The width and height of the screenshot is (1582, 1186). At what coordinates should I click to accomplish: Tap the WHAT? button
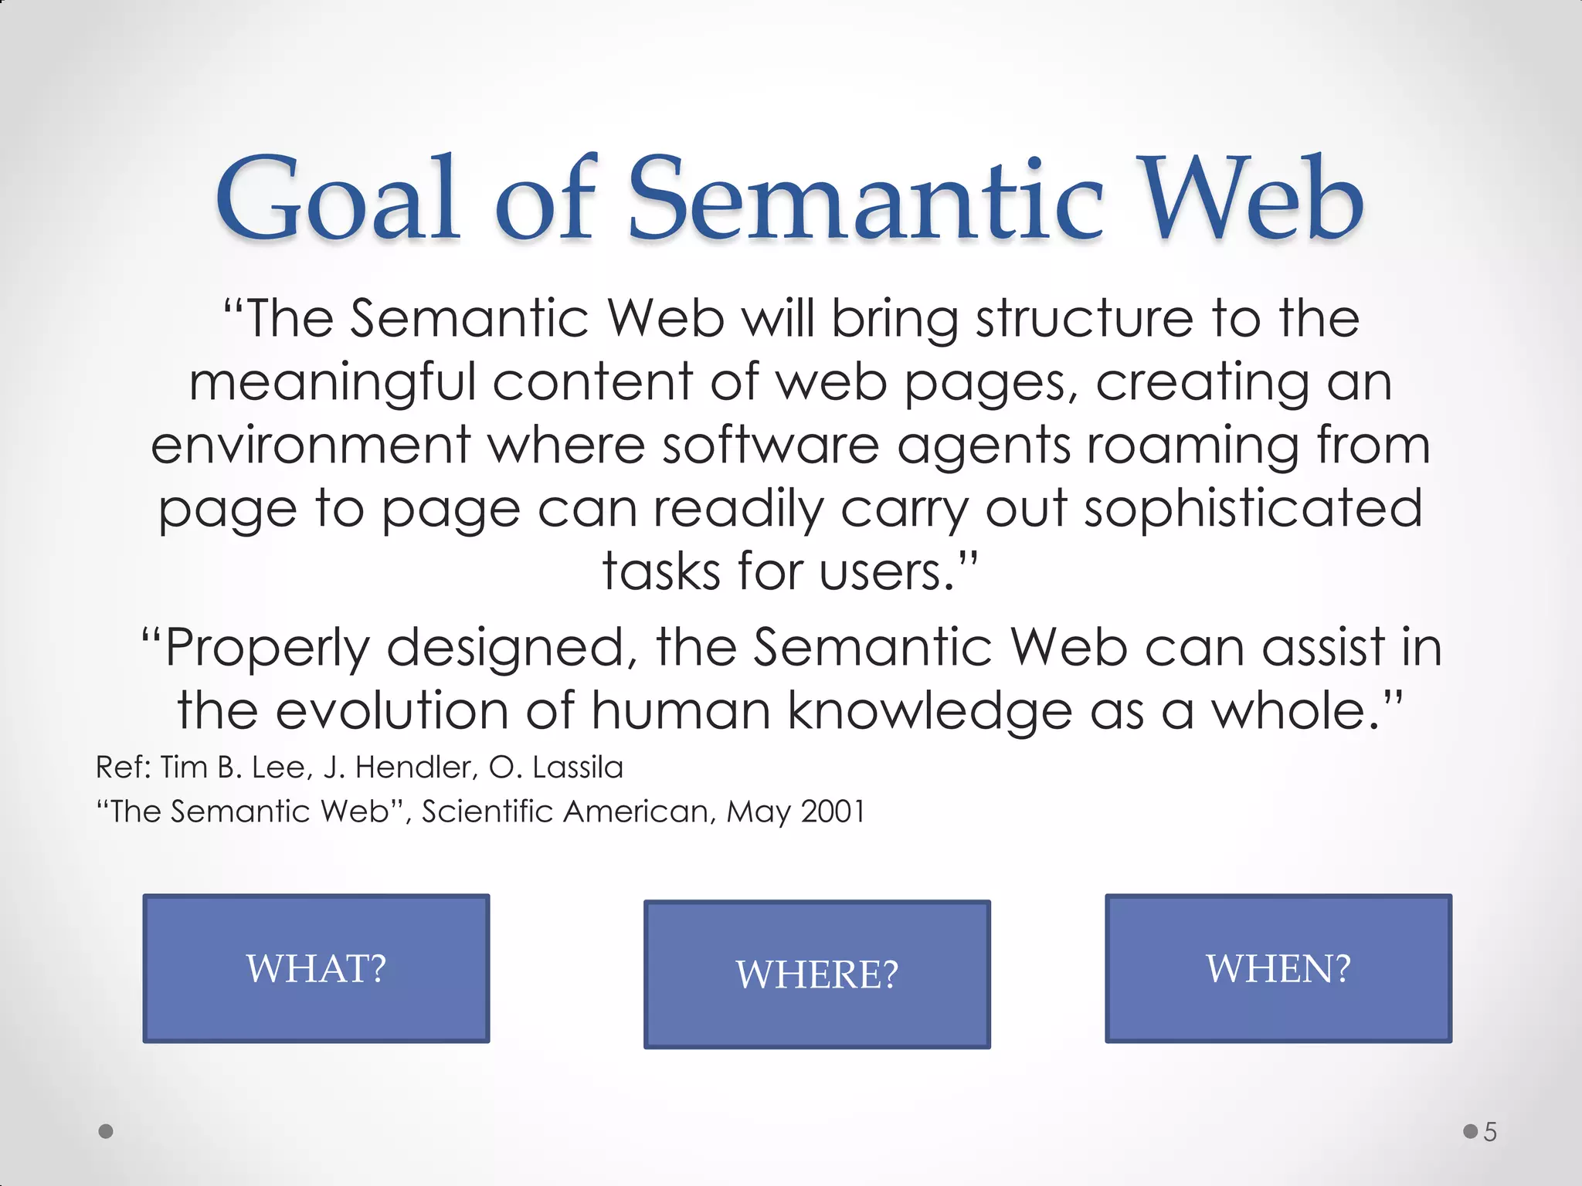[316, 968]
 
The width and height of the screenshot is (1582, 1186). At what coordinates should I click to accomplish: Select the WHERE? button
[816, 974]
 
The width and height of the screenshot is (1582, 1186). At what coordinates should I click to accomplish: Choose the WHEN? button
[1278, 968]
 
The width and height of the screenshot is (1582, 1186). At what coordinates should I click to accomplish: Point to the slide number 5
[1490, 1133]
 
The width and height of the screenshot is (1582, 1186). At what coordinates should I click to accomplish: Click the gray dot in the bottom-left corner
[107, 1131]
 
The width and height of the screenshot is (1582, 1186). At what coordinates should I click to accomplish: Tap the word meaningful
[333, 383]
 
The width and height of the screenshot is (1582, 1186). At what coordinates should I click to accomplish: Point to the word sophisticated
[1252, 510]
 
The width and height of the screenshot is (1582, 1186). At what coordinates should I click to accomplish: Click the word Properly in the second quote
[267, 648]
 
